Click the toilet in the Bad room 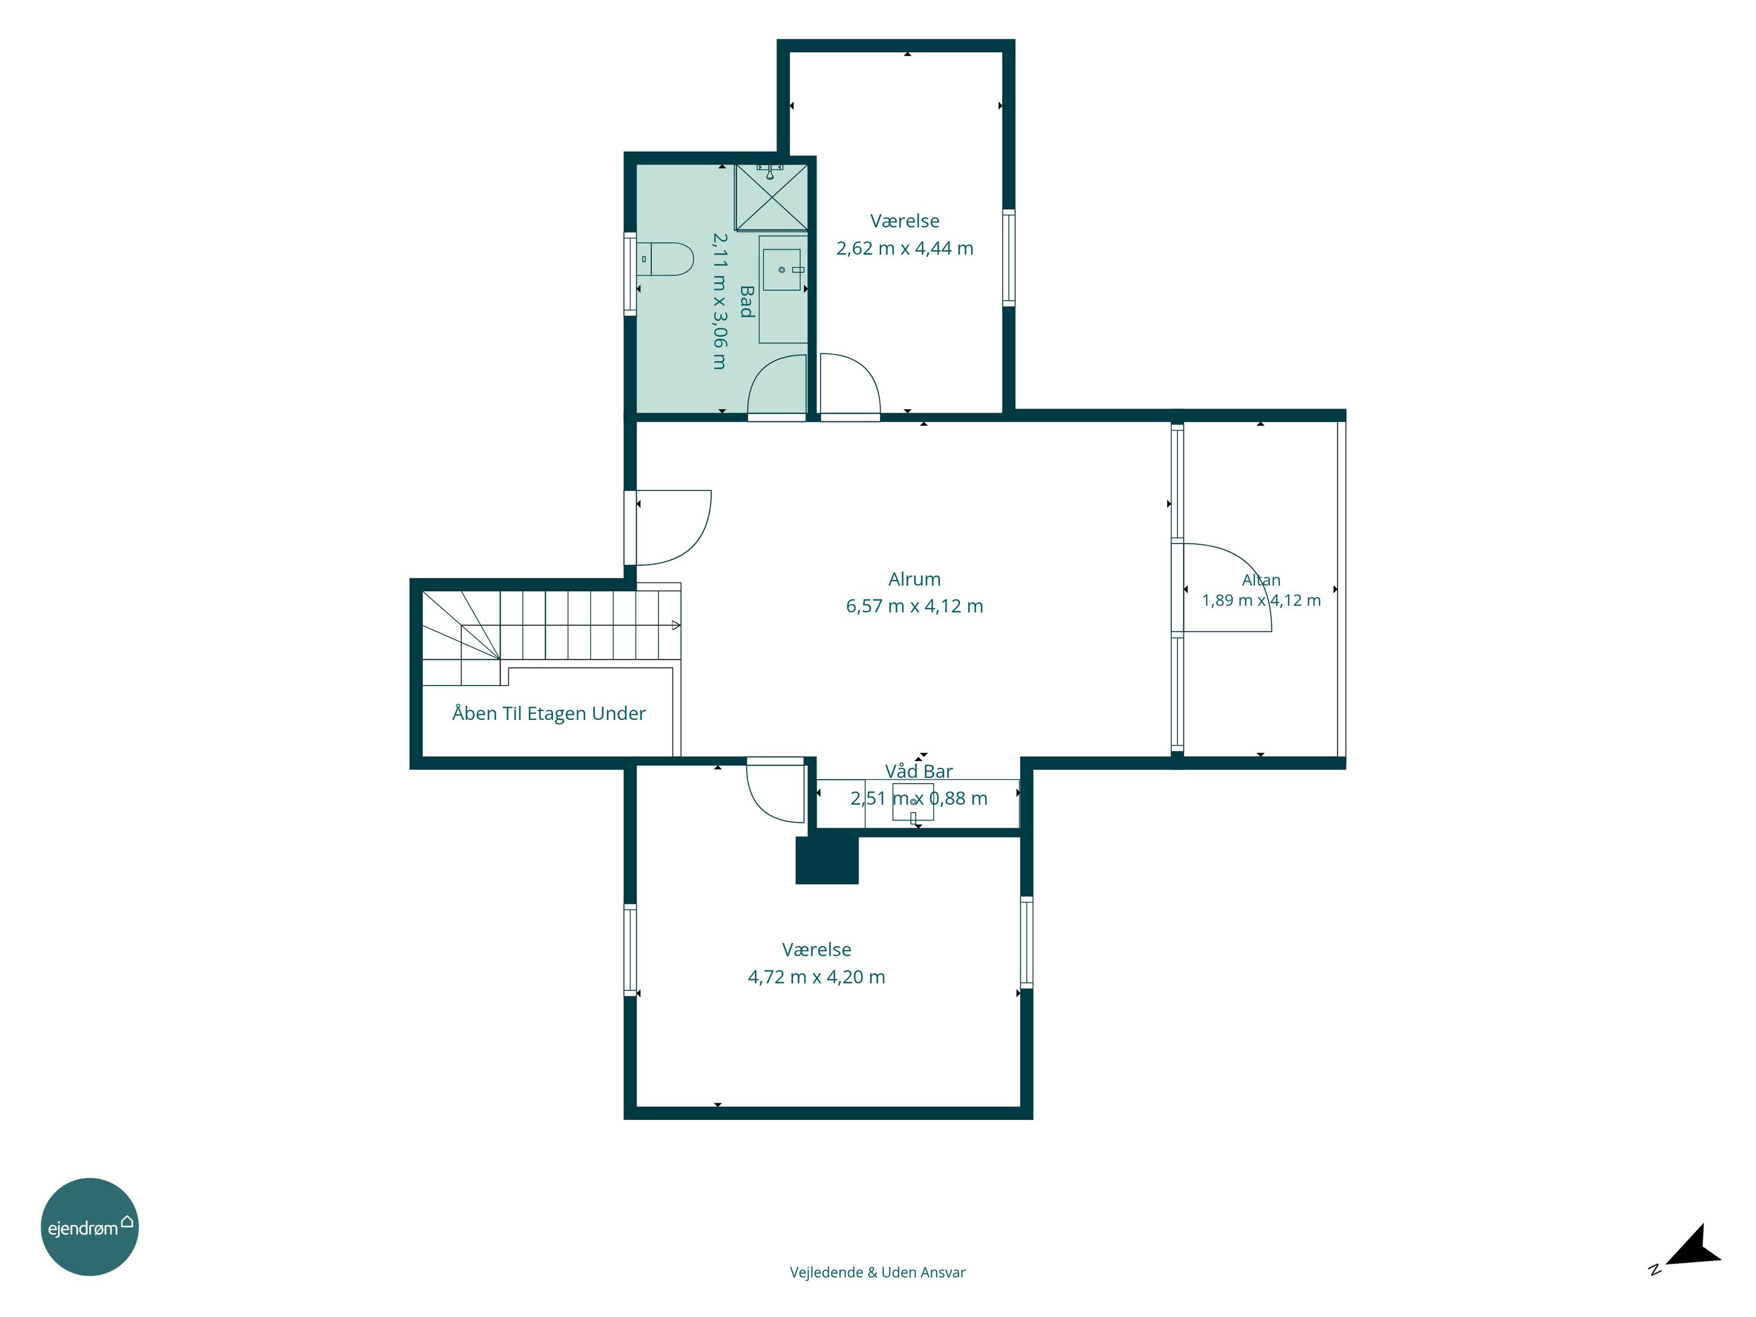coord(666,259)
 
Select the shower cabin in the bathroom coord(771,197)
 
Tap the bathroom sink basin coord(782,270)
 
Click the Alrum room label coord(914,579)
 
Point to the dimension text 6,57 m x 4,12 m coord(914,606)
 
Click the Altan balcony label coord(1261,580)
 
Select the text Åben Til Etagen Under coord(548,714)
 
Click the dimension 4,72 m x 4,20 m coord(816,978)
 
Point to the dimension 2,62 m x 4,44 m coord(905,249)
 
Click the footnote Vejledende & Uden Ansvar coord(877,1273)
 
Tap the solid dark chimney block coord(827,860)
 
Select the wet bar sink coord(913,802)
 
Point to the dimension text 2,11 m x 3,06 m coord(719,301)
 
